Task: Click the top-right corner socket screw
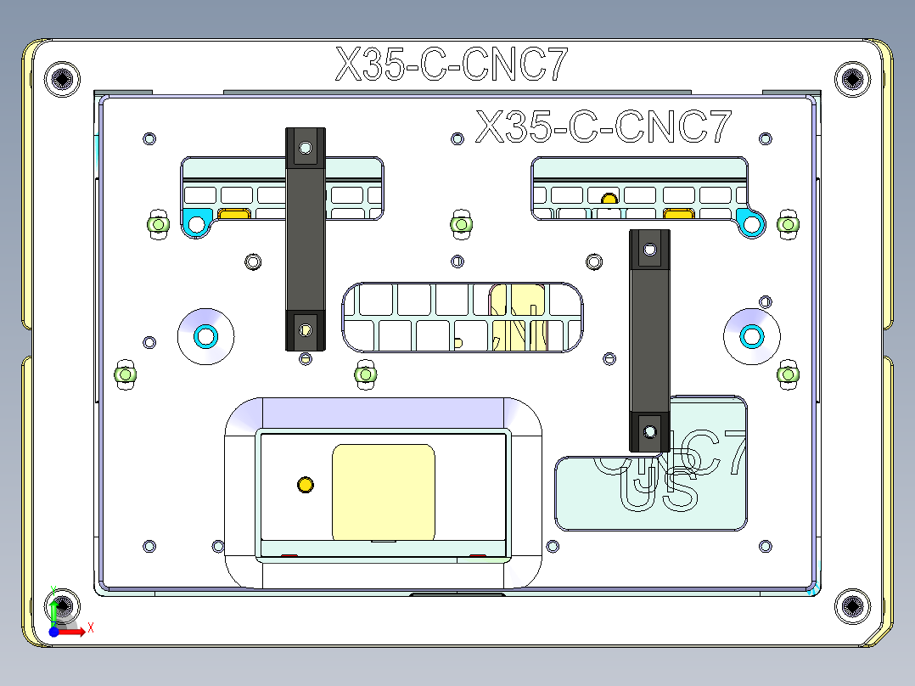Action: click(851, 79)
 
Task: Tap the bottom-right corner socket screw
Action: click(851, 605)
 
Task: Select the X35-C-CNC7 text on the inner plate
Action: click(603, 127)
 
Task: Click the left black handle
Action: click(305, 239)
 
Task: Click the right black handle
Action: click(649, 340)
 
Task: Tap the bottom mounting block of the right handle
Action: click(649, 431)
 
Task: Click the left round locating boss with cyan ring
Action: click(205, 335)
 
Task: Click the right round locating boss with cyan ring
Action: click(752, 336)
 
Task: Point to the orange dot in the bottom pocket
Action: click(305, 485)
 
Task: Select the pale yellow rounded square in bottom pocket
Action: click(383, 492)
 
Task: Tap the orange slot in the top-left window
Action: click(233, 215)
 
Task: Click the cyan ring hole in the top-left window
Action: click(197, 224)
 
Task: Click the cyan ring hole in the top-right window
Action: click(751, 224)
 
